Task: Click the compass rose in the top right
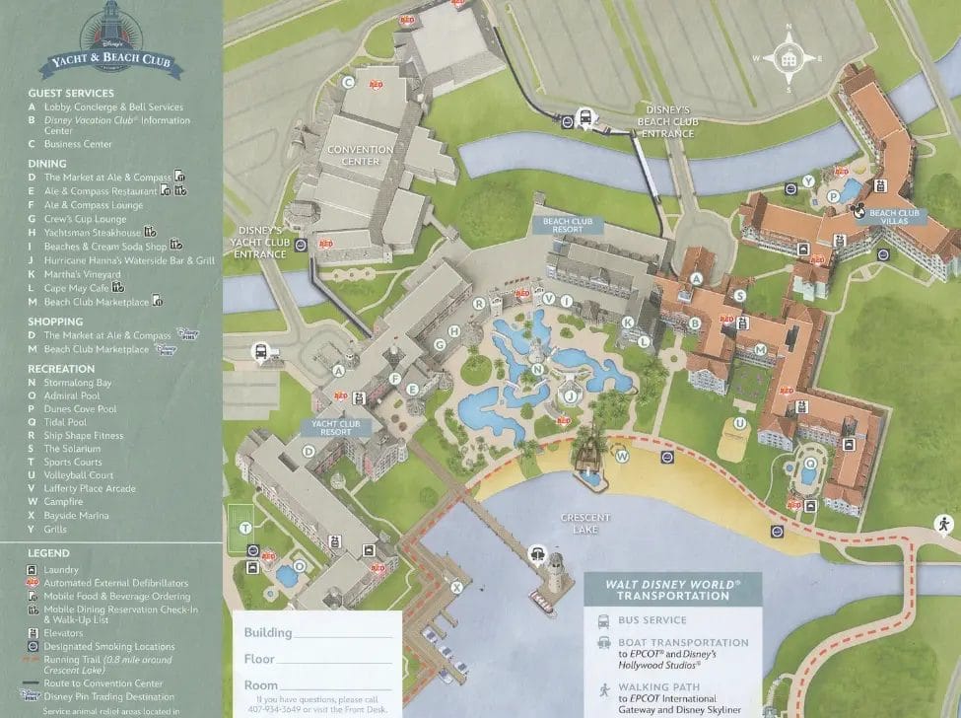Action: coord(788,58)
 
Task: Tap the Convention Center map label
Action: coord(360,155)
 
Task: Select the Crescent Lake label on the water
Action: coord(585,523)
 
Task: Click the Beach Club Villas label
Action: coord(894,217)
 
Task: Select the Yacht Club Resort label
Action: coord(334,427)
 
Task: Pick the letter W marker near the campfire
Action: coord(622,457)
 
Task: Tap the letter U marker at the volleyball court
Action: coord(738,423)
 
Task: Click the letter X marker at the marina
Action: coord(456,588)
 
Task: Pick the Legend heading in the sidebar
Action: coord(48,553)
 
